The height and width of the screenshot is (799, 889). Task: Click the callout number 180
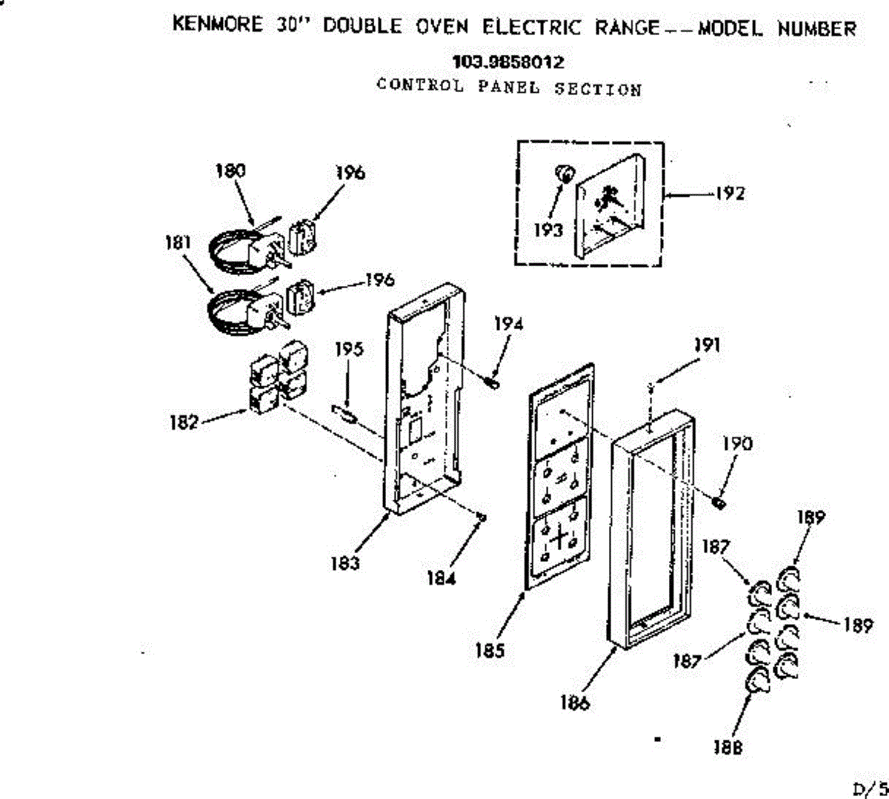coord(230,171)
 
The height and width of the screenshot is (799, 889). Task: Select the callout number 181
coord(178,242)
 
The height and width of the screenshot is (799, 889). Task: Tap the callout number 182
coord(183,422)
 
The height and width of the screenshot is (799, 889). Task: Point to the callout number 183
coord(345,563)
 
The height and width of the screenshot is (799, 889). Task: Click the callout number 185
coord(490,651)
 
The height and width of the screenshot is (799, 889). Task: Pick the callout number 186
coord(575,703)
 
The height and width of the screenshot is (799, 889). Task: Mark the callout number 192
coord(730,193)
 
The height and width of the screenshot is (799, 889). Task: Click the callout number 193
coord(548,230)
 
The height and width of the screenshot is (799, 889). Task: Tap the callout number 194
coord(508,324)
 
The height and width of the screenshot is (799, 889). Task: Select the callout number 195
coord(348,349)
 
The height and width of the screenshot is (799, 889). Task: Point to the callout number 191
coord(707,345)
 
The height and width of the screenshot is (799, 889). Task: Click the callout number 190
coord(736,444)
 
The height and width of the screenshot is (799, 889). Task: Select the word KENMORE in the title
coord(217,24)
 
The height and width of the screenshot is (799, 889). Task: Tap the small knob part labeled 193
coord(564,174)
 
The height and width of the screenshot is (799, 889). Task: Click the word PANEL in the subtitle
coord(508,87)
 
